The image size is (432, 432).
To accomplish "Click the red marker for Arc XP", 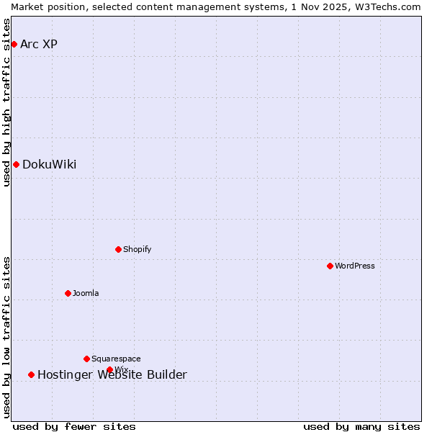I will (14, 45).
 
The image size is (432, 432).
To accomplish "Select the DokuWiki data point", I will (16, 165).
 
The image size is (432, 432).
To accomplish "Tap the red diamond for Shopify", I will (118, 250).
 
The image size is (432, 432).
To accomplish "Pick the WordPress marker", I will (330, 266).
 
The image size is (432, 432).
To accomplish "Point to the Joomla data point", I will (68, 294).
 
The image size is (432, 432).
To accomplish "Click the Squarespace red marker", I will (86, 359).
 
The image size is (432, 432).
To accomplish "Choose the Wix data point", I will (109, 370).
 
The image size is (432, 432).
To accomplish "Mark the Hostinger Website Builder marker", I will (31, 375).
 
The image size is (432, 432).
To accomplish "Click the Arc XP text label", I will (39, 45).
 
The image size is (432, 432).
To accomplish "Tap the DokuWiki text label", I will (49, 165).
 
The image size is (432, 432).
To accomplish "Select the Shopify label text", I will (137, 250).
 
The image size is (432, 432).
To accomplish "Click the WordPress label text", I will (354, 266).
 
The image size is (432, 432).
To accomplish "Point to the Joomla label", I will (86, 294).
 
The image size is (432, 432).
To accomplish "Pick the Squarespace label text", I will (116, 359).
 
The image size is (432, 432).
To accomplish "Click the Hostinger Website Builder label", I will (112, 375).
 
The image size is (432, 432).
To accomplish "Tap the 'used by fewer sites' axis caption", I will (74, 426).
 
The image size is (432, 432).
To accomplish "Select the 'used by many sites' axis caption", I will (361, 426).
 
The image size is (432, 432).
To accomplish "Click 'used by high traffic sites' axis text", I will (7, 102).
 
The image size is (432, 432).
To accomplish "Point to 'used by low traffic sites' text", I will (7, 337).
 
